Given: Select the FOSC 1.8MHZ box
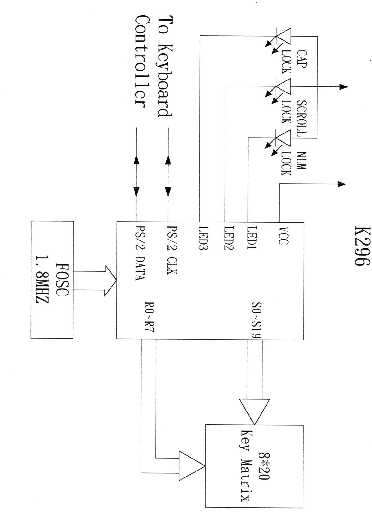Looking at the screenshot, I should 52,279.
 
